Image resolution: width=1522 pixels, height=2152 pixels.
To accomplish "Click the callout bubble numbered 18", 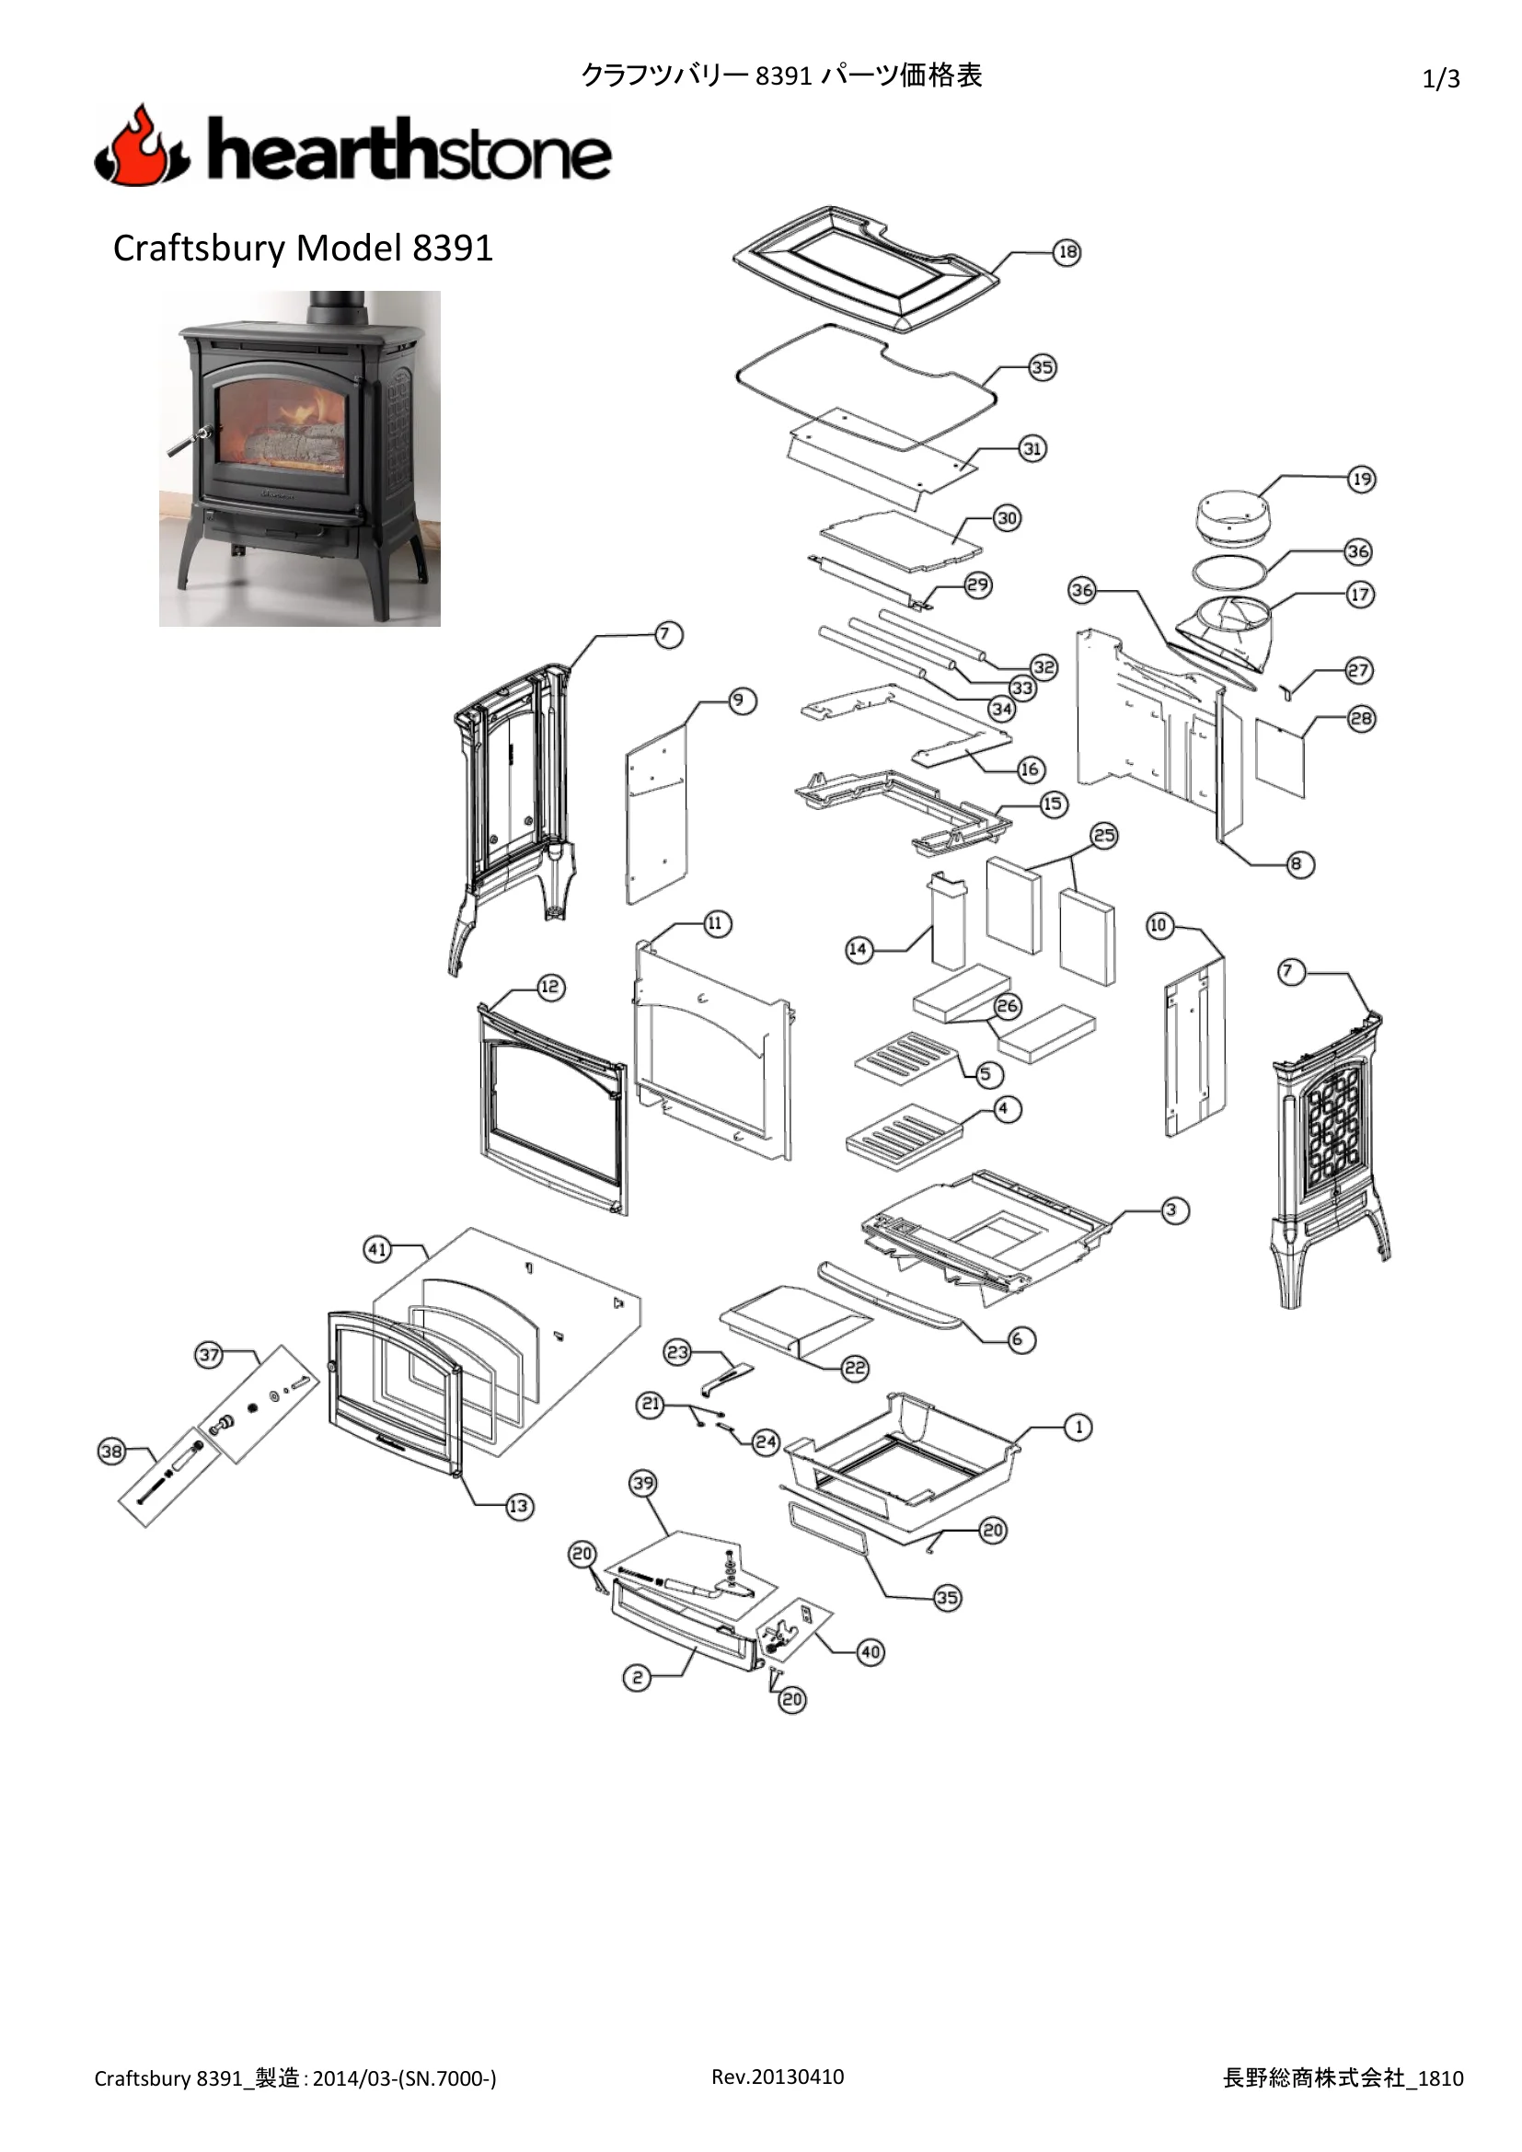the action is point(1067,252).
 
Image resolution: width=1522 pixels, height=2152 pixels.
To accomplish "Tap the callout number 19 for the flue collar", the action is point(1361,479).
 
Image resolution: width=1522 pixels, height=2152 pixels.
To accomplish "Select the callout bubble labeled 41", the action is point(376,1249).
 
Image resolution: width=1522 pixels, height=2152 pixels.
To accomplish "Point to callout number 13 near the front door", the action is point(518,1506).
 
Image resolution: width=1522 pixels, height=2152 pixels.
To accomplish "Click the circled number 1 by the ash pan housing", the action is point(1078,1428).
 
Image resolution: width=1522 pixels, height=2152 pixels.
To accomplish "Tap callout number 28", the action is point(1361,719).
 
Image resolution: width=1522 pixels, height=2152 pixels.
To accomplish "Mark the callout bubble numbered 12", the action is point(550,987).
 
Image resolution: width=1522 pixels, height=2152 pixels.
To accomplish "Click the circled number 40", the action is point(871,1651).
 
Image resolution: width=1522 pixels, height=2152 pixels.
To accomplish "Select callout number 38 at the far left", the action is point(111,1452).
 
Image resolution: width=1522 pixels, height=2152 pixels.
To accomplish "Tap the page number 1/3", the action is point(1440,79).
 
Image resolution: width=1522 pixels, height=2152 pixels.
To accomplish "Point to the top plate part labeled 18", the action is point(868,270).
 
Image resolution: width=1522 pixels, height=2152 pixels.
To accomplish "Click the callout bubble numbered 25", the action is point(1104,835).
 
